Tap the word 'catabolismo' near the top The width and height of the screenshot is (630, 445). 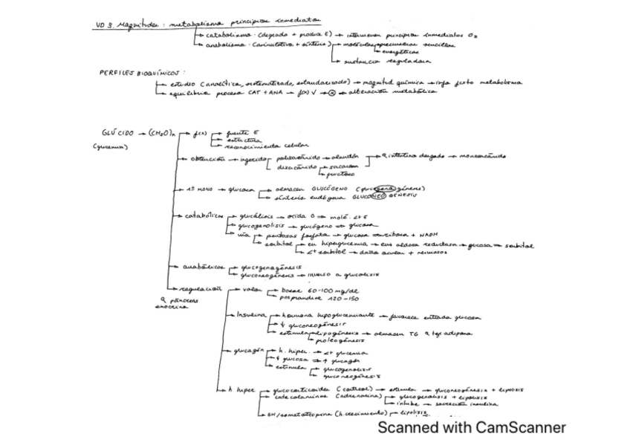click(x=226, y=36)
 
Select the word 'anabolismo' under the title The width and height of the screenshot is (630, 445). click(x=225, y=45)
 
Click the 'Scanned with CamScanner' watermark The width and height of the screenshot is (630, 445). click(x=472, y=427)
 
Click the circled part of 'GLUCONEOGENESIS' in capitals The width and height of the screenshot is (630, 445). click(x=379, y=198)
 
